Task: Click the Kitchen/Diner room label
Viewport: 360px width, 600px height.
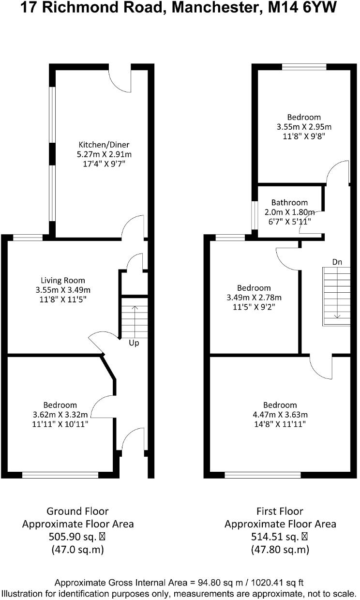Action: pyautogui.click(x=104, y=145)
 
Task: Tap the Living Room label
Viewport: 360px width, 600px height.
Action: pyautogui.click(x=63, y=281)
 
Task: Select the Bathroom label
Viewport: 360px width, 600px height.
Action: pyautogui.click(x=289, y=202)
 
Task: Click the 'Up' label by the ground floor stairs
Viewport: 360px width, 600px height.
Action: pyautogui.click(x=134, y=343)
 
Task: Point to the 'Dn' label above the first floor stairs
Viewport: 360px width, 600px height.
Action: pyautogui.click(x=337, y=262)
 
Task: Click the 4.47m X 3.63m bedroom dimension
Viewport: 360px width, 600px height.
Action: pyautogui.click(x=280, y=415)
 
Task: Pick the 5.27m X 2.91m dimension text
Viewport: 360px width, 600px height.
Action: pyautogui.click(x=104, y=154)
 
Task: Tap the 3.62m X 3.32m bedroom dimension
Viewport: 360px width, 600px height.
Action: pyautogui.click(x=60, y=415)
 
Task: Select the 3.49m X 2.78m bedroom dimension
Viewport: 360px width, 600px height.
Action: pyautogui.click(x=254, y=298)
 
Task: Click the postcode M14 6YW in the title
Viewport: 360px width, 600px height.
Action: pyautogui.click(x=302, y=8)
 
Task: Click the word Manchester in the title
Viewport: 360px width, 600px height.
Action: pyautogui.click(x=216, y=8)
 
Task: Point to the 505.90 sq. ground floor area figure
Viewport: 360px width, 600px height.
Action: pyautogui.click(x=73, y=537)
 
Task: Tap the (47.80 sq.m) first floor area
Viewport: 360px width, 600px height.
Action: pyautogui.click(x=280, y=550)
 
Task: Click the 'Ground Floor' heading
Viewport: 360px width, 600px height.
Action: pyautogui.click(x=78, y=511)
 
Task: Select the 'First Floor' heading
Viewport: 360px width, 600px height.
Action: pyautogui.click(x=280, y=511)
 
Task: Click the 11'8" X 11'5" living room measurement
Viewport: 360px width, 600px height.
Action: pyautogui.click(x=63, y=299)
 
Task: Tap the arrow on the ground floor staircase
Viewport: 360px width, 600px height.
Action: pyautogui.click(x=135, y=322)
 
